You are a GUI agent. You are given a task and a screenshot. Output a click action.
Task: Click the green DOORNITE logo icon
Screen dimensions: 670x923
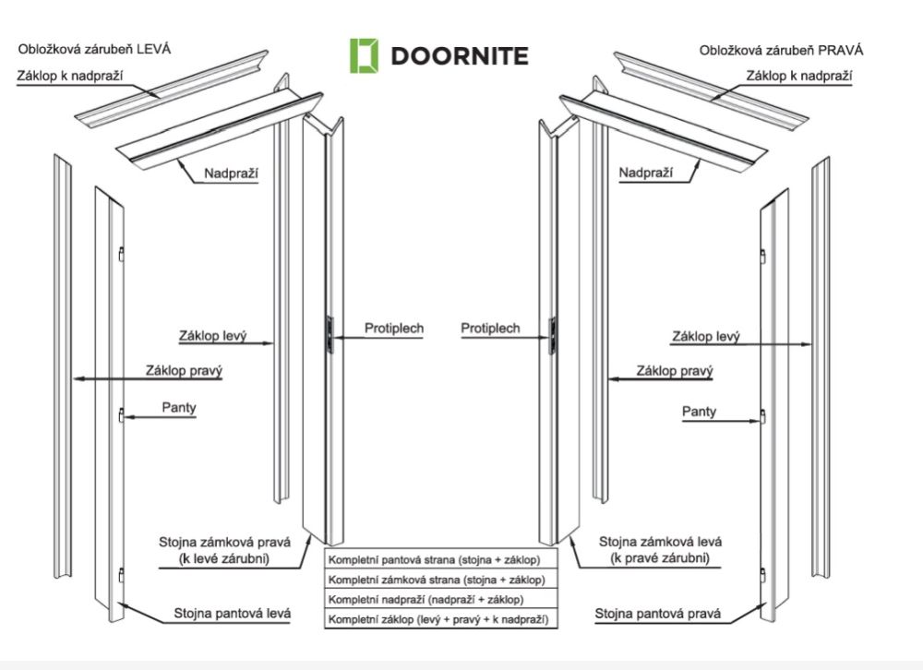[364, 55]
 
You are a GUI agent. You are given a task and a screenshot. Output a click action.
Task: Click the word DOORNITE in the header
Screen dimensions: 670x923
[460, 55]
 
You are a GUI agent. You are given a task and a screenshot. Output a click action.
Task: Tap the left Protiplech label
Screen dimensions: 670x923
[394, 328]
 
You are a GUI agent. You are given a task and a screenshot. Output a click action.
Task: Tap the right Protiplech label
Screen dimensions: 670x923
[490, 328]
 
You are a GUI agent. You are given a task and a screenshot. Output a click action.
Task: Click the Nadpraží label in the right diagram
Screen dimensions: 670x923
[645, 173]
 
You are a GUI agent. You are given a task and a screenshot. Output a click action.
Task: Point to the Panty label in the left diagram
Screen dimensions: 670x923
[179, 408]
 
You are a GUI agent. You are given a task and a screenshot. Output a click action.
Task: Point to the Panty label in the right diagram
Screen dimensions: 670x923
[699, 412]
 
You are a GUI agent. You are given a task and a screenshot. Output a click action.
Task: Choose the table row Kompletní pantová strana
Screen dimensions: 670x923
[435, 560]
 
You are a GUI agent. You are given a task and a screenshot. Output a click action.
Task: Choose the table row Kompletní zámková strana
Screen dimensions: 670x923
[435, 580]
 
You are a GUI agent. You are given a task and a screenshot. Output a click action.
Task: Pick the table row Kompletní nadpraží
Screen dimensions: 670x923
[435, 600]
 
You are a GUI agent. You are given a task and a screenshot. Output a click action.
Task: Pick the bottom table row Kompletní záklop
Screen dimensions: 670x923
[435, 619]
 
